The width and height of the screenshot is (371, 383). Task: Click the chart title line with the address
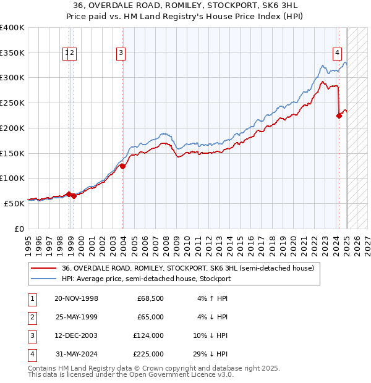(x=185, y=6)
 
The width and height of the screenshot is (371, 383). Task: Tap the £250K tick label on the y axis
(x=12, y=103)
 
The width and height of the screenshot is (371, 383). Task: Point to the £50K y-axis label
(x=15, y=203)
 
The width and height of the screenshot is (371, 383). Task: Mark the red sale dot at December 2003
(x=123, y=166)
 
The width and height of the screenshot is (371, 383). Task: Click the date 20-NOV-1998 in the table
(x=76, y=298)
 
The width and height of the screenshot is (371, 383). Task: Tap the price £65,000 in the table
(x=150, y=317)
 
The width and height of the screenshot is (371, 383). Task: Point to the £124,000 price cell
(x=148, y=335)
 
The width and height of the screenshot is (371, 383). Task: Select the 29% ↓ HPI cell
(x=210, y=354)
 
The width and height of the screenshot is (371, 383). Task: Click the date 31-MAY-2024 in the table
(x=76, y=354)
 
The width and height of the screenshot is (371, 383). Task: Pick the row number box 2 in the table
(x=31, y=317)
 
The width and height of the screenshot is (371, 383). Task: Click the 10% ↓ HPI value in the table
(x=210, y=335)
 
